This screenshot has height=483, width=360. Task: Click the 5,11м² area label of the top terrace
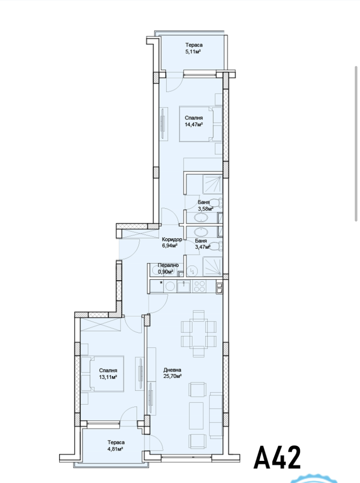point(193,52)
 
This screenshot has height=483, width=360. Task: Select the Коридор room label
point(172,239)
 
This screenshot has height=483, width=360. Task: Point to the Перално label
point(168,265)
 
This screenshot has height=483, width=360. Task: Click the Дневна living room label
point(172,370)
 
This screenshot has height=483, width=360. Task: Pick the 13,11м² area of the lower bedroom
point(108,377)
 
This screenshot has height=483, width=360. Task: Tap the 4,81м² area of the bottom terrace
point(116,449)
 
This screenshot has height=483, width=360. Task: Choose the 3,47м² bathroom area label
point(203,247)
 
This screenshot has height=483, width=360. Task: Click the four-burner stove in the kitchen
point(200,287)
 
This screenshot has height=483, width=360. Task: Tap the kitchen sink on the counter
point(184,287)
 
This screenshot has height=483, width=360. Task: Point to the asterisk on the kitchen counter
point(161,282)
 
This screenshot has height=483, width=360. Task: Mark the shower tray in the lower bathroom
point(212,266)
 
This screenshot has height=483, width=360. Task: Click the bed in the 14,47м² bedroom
point(201,124)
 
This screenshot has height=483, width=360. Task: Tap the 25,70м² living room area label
point(172,376)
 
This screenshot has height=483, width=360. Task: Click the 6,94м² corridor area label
point(170,246)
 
